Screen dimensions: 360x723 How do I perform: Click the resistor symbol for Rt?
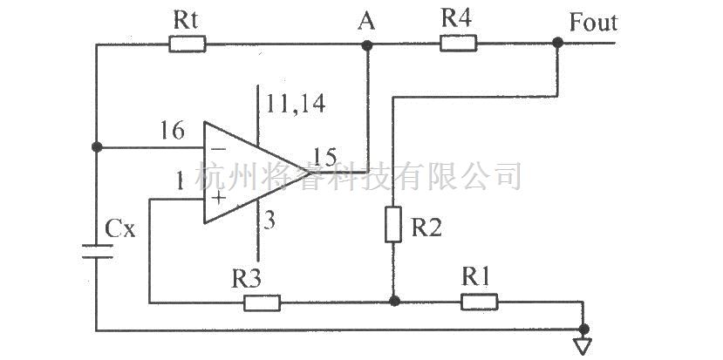click(x=187, y=43)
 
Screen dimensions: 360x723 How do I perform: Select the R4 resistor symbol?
click(x=458, y=43)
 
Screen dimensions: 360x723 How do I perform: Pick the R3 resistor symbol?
click(x=262, y=302)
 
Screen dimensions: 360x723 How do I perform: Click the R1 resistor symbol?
click(x=479, y=302)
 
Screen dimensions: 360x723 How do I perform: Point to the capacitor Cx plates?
click(x=97, y=252)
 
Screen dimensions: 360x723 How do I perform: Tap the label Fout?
click(x=592, y=22)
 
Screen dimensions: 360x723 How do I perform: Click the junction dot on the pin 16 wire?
click(x=96, y=146)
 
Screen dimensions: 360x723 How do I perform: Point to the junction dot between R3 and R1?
click(x=393, y=302)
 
